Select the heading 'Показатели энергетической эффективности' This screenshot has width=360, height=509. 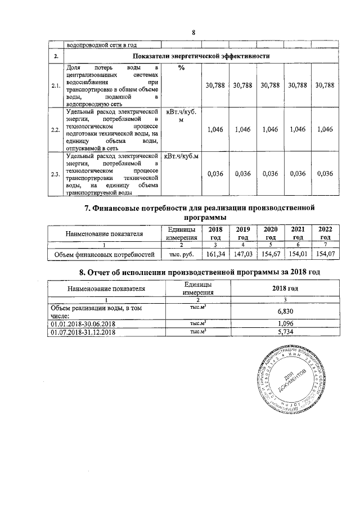click(x=201, y=57)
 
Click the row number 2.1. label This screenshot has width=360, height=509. click(x=56, y=85)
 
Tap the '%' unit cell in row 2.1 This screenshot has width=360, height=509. click(x=181, y=68)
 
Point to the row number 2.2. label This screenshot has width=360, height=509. click(x=56, y=130)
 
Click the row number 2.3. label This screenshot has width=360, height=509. click(x=56, y=174)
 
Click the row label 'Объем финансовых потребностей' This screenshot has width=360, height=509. click(x=103, y=255)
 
